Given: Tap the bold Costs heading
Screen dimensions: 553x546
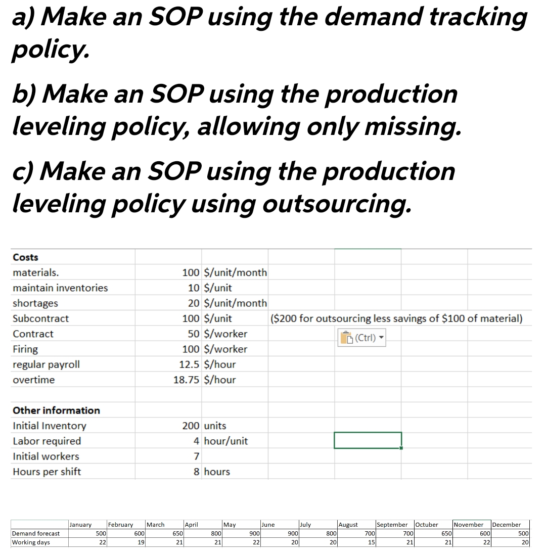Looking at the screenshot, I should (x=25, y=257).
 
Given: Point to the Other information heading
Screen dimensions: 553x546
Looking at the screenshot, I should (x=56, y=410).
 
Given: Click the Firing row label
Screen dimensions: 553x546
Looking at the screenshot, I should (x=25, y=349).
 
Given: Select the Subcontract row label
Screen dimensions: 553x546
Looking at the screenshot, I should (x=40, y=318).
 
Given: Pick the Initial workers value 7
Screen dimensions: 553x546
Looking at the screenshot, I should (x=197, y=456).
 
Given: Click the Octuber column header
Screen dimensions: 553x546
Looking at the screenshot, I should (x=427, y=525).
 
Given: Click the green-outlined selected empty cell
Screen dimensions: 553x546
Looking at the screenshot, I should (x=368, y=440).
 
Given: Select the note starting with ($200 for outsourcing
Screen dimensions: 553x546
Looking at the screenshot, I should (x=396, y=318).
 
